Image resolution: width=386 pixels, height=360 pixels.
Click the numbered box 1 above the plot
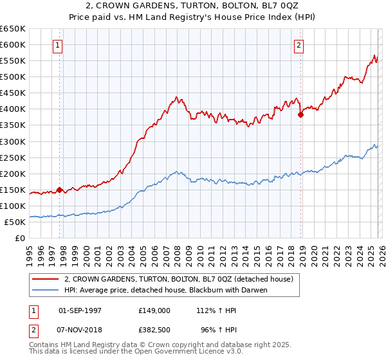pyautogui.click(x=59, y=45)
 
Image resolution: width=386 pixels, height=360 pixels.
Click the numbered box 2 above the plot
pyautogui.click(x=300, y=45)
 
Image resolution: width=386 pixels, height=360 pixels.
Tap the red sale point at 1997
pyautogui.click(x=59, y=190)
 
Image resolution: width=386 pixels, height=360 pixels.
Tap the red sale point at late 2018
pyautogui.click(x=300, y=115)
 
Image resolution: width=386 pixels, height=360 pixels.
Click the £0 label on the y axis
pyautogui.click(x=19, y=238)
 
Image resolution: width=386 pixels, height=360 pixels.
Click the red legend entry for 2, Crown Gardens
pyautogui.click(x=179, y=279)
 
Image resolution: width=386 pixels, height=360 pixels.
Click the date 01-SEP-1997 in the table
pyautogui.click(x=80, y=310)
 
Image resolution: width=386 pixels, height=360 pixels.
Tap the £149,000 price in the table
pyautogui.click(x=154, y=310)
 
